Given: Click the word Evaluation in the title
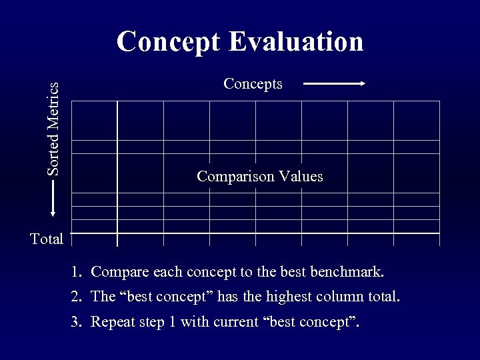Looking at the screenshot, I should coord(297,41).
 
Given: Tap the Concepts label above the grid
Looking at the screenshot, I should coord(253,83).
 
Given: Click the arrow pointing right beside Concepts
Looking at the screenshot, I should coord(334,83).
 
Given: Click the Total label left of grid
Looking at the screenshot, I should coord(47,239).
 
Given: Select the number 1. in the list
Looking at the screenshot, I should coord(77,272).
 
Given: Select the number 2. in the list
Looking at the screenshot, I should coord(77,297).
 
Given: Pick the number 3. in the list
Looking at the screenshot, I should coord(77,323).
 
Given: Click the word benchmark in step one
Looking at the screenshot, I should coord(351,272).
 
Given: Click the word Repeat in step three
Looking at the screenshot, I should coord(111,323).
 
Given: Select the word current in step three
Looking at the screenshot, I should coord(238,323).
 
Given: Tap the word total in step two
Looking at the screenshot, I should coord(382,297).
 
